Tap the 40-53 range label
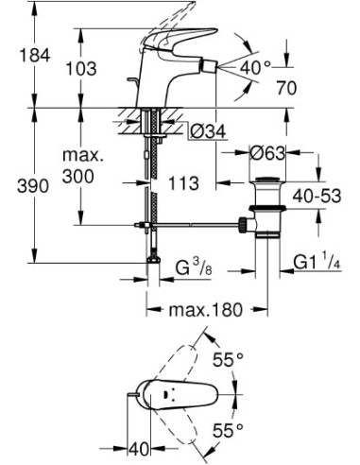[x=315, y=196]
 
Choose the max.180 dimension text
[x=201, y=309]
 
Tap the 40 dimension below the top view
[x=139, y=444]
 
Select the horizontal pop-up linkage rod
[x=198, y=225]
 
